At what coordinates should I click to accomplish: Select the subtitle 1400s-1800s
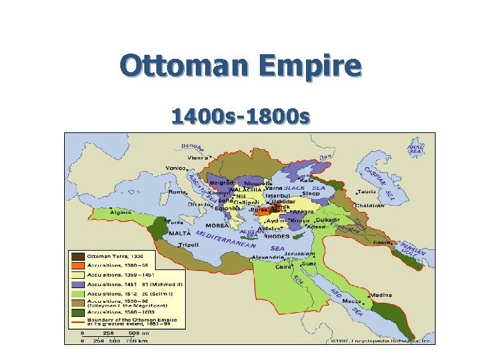pos(240,117)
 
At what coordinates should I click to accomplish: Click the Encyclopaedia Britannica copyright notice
pos(381,340)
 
